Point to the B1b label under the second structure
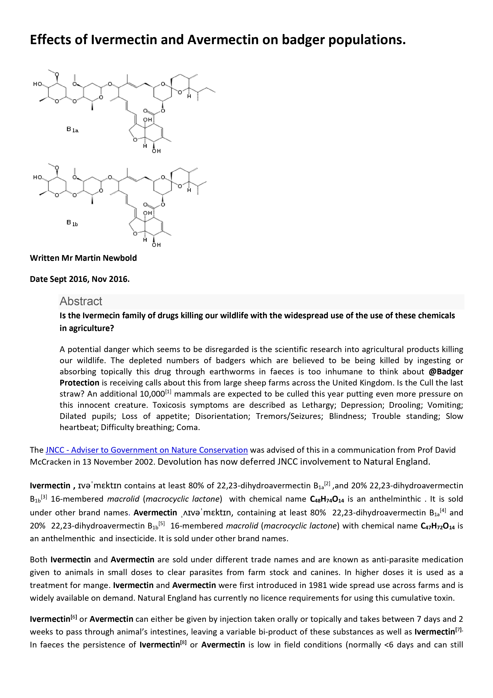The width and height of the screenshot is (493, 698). (72, 223)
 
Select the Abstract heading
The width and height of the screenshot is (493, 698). (81, 301)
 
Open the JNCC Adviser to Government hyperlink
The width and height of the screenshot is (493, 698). (147, 450)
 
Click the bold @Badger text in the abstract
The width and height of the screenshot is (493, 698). (446, 372)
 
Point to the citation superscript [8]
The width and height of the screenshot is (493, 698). (183, 643)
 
